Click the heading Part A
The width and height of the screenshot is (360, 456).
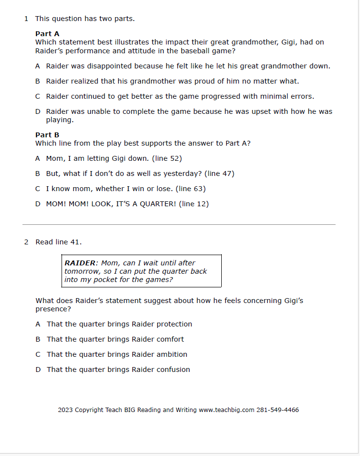click(x=47, y=34)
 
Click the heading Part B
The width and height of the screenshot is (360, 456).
click(x=47, y=135)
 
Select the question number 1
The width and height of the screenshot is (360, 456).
click(x=26, y=19)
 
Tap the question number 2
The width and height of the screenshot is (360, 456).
click(x=26, y=242)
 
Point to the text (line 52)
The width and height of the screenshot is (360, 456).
click(x=167, y=158)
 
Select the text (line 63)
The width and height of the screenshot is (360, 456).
click(x=191, y=189)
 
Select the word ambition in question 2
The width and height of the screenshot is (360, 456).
click(x=172, y=354)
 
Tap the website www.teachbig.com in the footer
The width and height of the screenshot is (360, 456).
click(x=227, y=410)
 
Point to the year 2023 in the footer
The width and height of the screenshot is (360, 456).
click(x=65, y=410)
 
